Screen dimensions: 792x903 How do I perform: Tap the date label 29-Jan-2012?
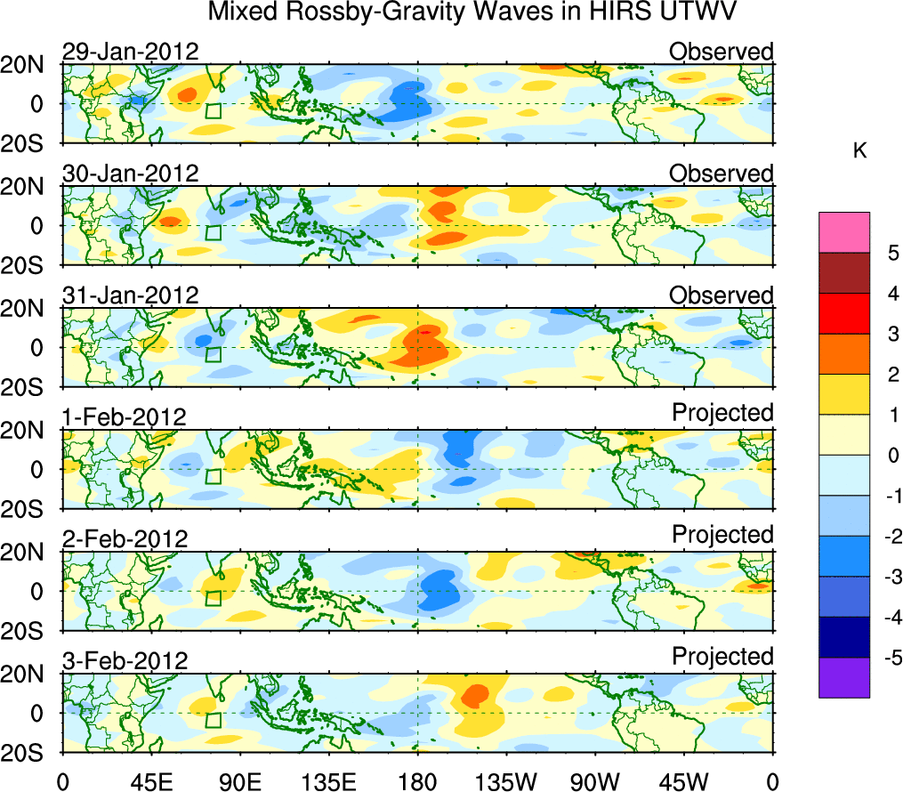coord(130,52)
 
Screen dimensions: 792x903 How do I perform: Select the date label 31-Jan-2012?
coord(130,295)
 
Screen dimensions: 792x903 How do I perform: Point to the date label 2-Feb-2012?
coord(125,539)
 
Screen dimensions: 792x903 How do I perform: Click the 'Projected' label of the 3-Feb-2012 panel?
coord(722,657)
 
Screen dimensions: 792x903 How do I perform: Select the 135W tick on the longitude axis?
coord(506,782)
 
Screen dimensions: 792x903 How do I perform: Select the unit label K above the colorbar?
coord(859,152)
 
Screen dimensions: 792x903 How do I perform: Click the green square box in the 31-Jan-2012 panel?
coord(213,354)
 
